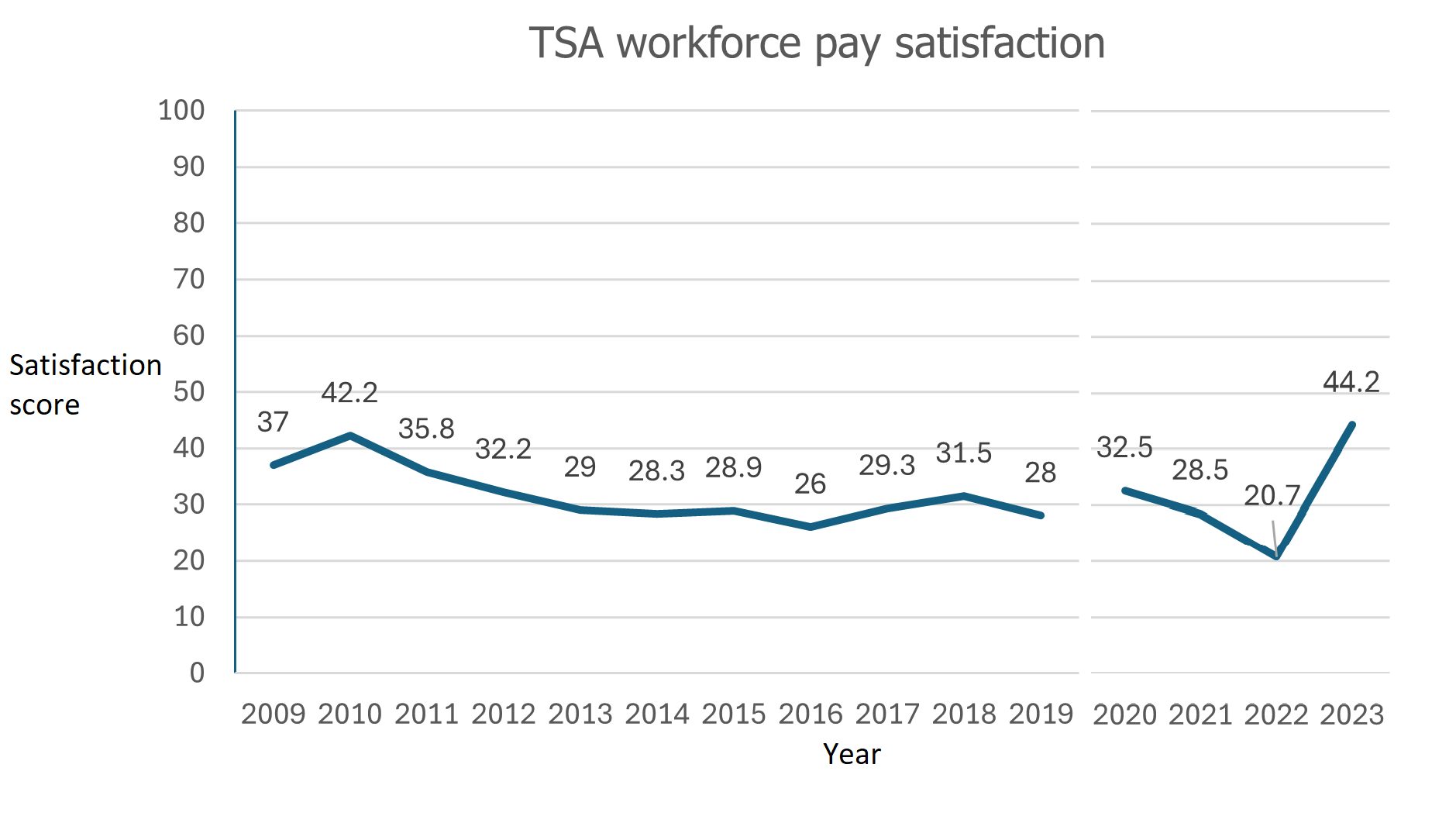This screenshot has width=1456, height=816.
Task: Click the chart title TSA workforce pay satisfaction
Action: coord(817,43)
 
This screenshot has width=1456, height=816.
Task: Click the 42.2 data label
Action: coord(349,393)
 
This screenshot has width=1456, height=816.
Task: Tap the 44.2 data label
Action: coord(1351,382)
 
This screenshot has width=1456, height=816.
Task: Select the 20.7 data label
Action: coord(1272,495)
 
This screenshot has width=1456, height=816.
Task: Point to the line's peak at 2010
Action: coord(350,436)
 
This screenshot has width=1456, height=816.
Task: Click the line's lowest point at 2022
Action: coord(1276,556)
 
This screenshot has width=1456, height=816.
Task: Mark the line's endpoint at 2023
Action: coord(1352,425)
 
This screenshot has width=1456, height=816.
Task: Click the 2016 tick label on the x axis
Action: coord(811,714)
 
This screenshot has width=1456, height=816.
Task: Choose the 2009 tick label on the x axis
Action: coord(273,714)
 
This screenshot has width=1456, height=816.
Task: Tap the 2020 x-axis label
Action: coord(1124,714)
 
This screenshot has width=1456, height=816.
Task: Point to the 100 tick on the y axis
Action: coord(181,111)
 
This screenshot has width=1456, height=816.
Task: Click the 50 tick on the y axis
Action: coord(189,392)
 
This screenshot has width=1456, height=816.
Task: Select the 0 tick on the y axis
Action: coord(198,673)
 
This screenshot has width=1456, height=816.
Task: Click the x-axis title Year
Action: coord(852,754)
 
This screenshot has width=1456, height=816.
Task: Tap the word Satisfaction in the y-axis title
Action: coord(85,365)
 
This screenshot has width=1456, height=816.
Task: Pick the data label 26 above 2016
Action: coord(811,484)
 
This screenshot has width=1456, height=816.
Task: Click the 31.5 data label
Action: coord(963,453)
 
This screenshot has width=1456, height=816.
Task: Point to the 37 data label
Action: coord(273,422)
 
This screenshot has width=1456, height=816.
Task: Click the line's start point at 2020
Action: coord(1124,490)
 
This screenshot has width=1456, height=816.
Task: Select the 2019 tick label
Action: coord(1041,714)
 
